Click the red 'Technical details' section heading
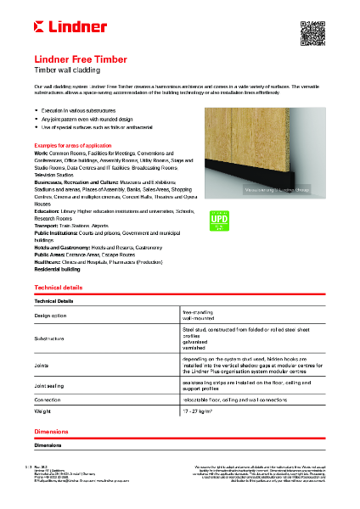[x=59, y=289]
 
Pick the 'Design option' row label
[x=51, y=315]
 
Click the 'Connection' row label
[x=48, y=400]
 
